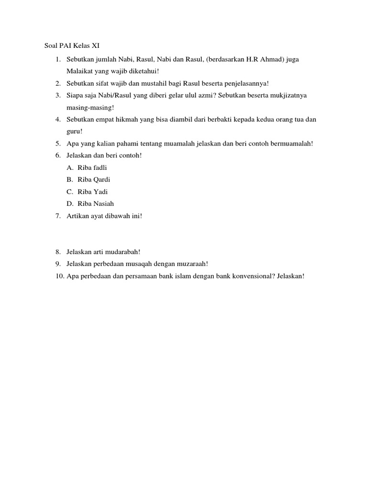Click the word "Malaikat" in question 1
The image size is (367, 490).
(x=79, y=71)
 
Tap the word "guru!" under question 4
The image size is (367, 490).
(x=75, y=131)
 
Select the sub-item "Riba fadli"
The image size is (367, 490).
(x=92, y=167)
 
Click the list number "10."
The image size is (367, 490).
(x=59, y=276)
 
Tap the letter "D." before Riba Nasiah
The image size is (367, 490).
(x=70, y=203)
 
